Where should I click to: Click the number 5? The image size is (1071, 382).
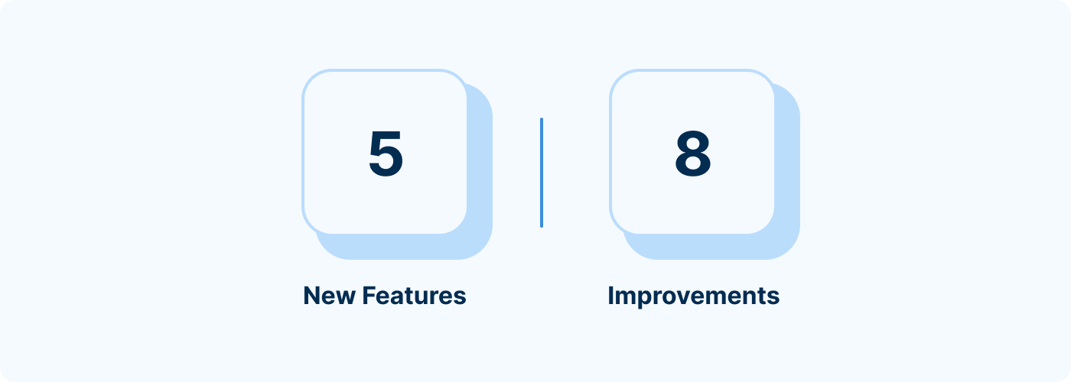click(x=386, y=154)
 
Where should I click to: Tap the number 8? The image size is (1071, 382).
click(x=693, y=154)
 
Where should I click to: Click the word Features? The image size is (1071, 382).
click(x=414, y=296)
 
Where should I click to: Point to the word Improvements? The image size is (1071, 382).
click(x=694, y=296)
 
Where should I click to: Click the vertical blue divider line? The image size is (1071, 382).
click(x=542, y=173)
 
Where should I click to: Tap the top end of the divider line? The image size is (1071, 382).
click(x=542, y=118)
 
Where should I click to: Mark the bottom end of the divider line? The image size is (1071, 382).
click(x=542, y=227)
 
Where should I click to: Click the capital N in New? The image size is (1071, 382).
click(x=311, y=296)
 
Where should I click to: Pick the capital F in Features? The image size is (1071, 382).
click(x=369, y=296)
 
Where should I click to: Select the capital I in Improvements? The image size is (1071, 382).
click(x=610, y=296)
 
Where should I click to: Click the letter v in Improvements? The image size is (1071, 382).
click(x=688, y=298)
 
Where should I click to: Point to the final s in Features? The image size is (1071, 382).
click(x=459, y=298)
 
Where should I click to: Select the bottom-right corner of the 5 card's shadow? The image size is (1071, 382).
click(x=483, y=251)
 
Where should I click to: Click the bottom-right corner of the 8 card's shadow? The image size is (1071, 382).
click(x=790, y=251)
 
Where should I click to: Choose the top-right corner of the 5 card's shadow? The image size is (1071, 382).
click(x=483, y=92)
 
